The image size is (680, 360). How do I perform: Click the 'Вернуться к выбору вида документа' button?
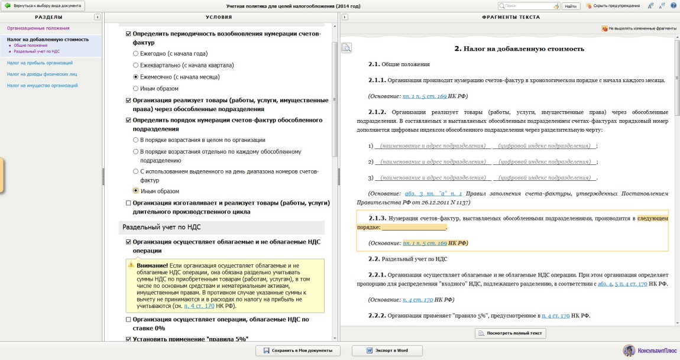tap(44, 5)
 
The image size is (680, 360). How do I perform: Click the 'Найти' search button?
tap(570, 6)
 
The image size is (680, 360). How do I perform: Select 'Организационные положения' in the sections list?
tap(38, 28)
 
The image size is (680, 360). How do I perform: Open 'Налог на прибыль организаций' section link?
tap(40, 62)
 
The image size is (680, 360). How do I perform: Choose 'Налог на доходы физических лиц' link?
tap(42, 74)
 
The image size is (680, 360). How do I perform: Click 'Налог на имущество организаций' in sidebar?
tap(42, 86)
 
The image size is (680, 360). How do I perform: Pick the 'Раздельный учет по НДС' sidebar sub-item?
tap(37, 51)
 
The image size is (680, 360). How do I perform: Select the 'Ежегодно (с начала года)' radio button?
tap(136, 54)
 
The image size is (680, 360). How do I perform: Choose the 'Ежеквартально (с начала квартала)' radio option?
tap(136, 65)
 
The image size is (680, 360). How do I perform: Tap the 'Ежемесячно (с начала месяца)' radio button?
tap(136, 77)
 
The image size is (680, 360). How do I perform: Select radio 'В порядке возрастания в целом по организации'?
tap(136, 140)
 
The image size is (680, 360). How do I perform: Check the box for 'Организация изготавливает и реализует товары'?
tap(129, 203)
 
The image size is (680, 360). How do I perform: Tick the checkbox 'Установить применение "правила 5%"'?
tap(129, 339)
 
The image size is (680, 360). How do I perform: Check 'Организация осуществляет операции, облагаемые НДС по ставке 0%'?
tap(129, 320)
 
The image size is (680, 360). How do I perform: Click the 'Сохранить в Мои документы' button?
tap(298, 351)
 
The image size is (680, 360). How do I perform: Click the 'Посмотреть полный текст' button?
tap(510, 333)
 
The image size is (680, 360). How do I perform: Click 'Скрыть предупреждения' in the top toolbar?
tap(613, 6)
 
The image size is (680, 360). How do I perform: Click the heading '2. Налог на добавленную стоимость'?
tap(519, 48)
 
